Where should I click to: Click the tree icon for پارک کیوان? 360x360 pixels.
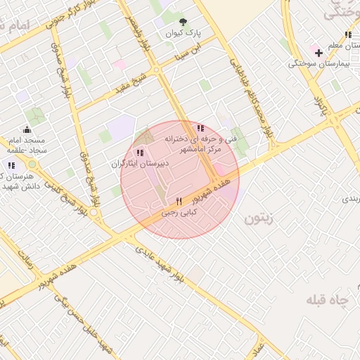coord(184,22)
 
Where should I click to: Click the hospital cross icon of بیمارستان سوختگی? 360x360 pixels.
coord(319,53)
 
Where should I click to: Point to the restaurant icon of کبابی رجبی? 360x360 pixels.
coord(179,200)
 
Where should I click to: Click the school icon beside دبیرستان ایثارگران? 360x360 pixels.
coord(139,152)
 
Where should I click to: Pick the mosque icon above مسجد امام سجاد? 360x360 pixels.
coord(27,129)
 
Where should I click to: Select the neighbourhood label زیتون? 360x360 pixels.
coord(257,219)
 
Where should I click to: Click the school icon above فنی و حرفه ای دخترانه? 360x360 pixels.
coord(200,128)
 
